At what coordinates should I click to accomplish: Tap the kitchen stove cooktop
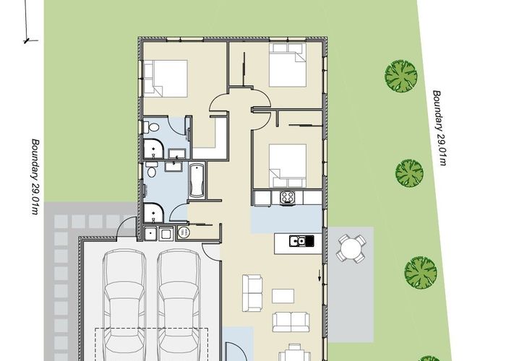pos(286,198)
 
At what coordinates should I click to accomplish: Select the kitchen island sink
pos(297,240)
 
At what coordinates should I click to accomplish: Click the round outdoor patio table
pos(351,250)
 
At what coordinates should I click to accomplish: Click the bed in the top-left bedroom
pos(166,77)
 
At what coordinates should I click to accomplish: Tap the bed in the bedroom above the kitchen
pos(287,163)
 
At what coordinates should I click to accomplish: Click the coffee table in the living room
pos(283,295)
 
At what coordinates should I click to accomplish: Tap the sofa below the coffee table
pos(288,322)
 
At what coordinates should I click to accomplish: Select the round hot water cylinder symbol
pos(183,232)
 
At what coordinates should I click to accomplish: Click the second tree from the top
pos(408,173)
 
